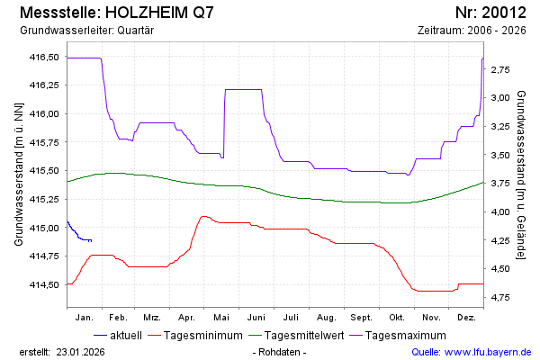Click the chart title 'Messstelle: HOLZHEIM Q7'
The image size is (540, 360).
[x=116, y=13]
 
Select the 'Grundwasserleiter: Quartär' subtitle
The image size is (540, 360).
[x=86, y=30]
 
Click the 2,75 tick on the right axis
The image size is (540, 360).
[x=501, y=69]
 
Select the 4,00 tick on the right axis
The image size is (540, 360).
[x=501, y=211]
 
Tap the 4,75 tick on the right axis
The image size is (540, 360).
[x=501, y=297]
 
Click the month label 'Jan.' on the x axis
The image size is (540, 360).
[x=85, y=318]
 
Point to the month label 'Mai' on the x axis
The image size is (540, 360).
[x=221, y=318]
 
